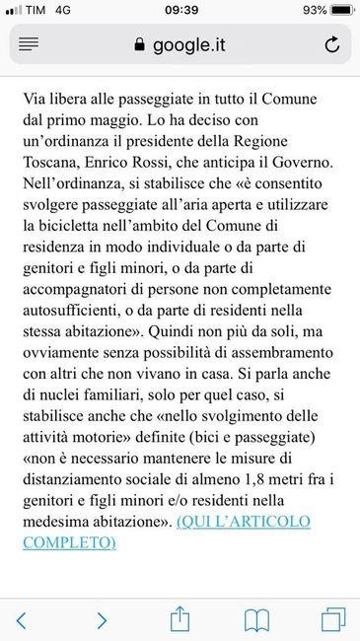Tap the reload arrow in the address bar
coord(332,44)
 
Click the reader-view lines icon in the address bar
coord(29,44)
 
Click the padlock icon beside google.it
coord(137,44)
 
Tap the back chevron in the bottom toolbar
coord(22,619)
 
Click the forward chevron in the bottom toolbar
coord(102,619)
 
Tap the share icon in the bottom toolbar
coord(180,617)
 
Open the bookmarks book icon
coord(257,619)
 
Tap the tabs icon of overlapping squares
coord(333,619)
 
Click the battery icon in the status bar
coord(340,10)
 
